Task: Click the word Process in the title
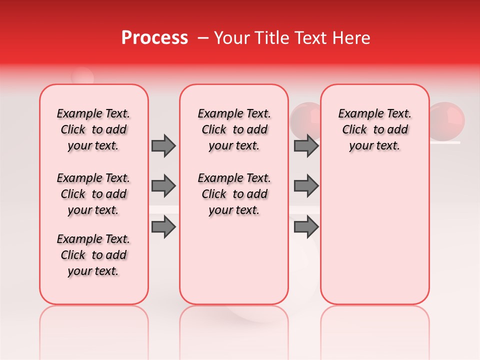point(154,37)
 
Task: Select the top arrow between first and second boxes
point(163,145)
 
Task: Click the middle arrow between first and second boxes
point(163,186)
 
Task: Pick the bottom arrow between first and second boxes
point(163,227)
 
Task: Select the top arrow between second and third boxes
point(306,145)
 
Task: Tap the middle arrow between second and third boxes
point(306,186)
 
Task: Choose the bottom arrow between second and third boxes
point(306,227)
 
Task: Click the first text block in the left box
point(93,129)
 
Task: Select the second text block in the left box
point(93,194)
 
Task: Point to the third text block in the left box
point(93,255)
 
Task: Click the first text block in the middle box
point(234,129)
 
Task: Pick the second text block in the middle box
point(234,194)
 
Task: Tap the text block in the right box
point(374,129)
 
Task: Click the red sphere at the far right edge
point(448,119)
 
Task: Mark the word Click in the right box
point(354,129)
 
